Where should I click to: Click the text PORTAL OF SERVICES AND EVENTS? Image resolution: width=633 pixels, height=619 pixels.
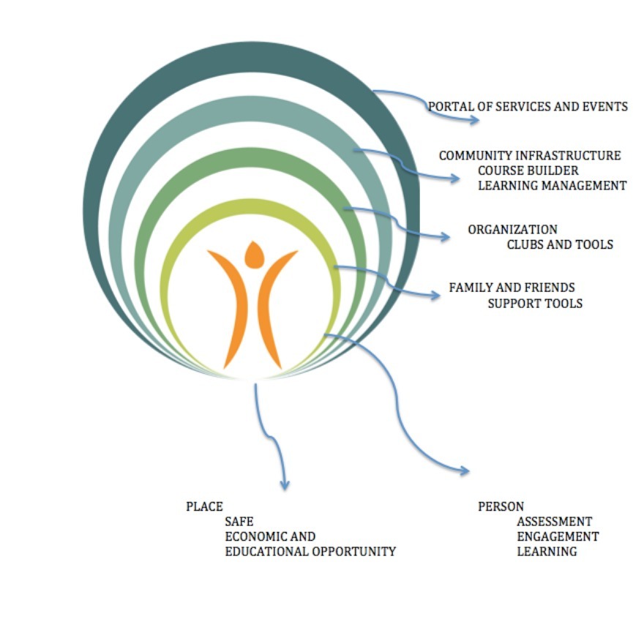click(528, 106)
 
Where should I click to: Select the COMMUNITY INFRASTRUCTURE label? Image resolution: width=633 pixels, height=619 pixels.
click(530, 156)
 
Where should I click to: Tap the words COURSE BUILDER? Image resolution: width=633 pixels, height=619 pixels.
click(518, 170)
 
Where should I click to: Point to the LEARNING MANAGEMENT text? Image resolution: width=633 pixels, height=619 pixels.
click(553, 185)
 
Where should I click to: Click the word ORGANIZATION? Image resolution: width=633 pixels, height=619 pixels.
click(512, 230)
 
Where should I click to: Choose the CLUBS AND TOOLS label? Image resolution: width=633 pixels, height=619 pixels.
click(560, 244)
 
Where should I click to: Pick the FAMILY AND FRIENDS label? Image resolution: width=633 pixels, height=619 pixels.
click(512, 288)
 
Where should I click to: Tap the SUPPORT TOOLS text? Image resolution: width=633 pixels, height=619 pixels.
click(535, 303)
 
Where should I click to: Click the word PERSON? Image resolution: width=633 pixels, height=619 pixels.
click(501, 506)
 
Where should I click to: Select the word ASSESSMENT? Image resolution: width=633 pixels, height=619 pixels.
click(554, 522)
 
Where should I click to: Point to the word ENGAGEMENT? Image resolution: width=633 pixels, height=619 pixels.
click(558, 536)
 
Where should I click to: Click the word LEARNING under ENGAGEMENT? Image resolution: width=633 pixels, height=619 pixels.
click(547, 552)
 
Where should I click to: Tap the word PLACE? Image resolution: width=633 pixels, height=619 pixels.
click(204, 506)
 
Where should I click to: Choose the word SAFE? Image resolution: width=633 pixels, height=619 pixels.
click(239, 522)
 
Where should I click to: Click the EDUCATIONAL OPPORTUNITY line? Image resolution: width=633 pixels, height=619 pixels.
click(310, 552)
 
